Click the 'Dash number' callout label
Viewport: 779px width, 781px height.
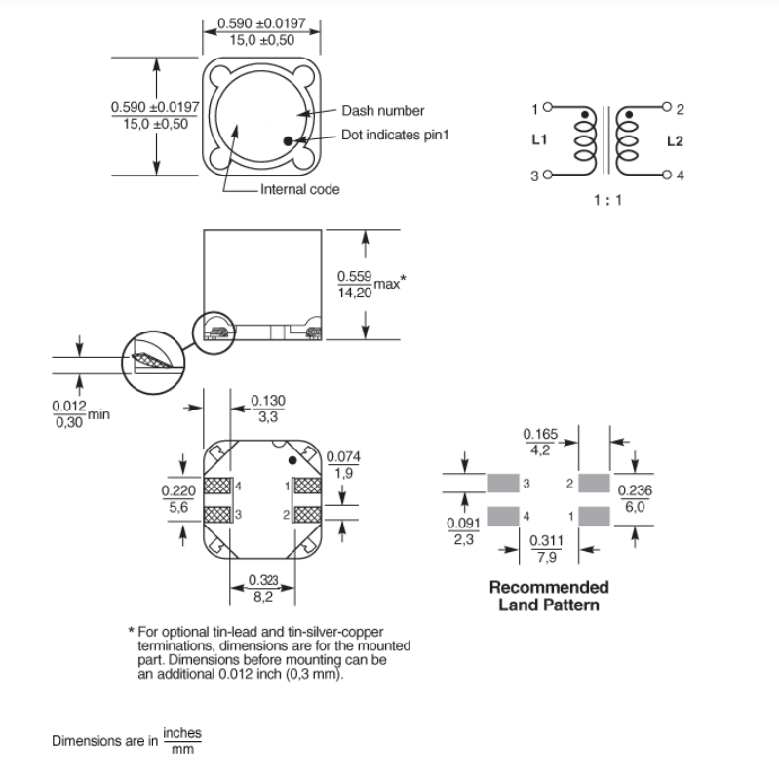pos(382,111)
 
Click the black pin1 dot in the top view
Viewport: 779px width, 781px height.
pos(289,141)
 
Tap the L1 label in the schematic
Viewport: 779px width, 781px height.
pos(538,140)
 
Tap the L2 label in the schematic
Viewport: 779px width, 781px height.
pos(675,141)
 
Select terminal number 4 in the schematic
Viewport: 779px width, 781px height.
pos(681,176)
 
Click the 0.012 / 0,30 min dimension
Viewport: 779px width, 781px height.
pos(69,414)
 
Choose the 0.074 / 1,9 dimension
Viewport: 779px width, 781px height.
pos(341,464)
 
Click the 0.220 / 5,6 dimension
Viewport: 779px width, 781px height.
pos(175,500)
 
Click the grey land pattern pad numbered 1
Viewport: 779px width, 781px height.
pos(593,515)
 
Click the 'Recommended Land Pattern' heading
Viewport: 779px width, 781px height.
pos(548,596)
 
